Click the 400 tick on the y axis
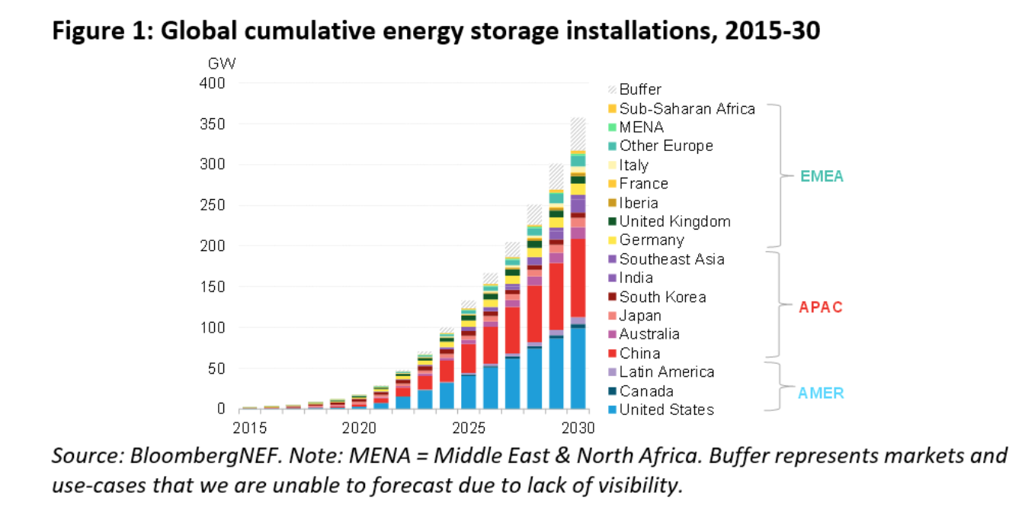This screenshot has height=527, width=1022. coord(213,83)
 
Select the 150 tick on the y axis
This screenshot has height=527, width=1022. coord(213,287)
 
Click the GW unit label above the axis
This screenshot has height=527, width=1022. coord(221,63)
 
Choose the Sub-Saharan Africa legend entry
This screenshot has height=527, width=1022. coord(687,108)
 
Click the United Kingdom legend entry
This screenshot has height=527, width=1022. coord(674,221)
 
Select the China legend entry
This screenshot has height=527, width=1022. coord(639,353)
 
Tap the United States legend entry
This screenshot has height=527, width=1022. coord(666,410)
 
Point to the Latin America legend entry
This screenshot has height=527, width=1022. coord(666,372)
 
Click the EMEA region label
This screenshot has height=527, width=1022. coord(822,176)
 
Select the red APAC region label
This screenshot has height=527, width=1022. coord(820,307)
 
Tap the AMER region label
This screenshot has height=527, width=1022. coord(821,394)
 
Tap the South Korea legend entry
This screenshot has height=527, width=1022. coord(662,297)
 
